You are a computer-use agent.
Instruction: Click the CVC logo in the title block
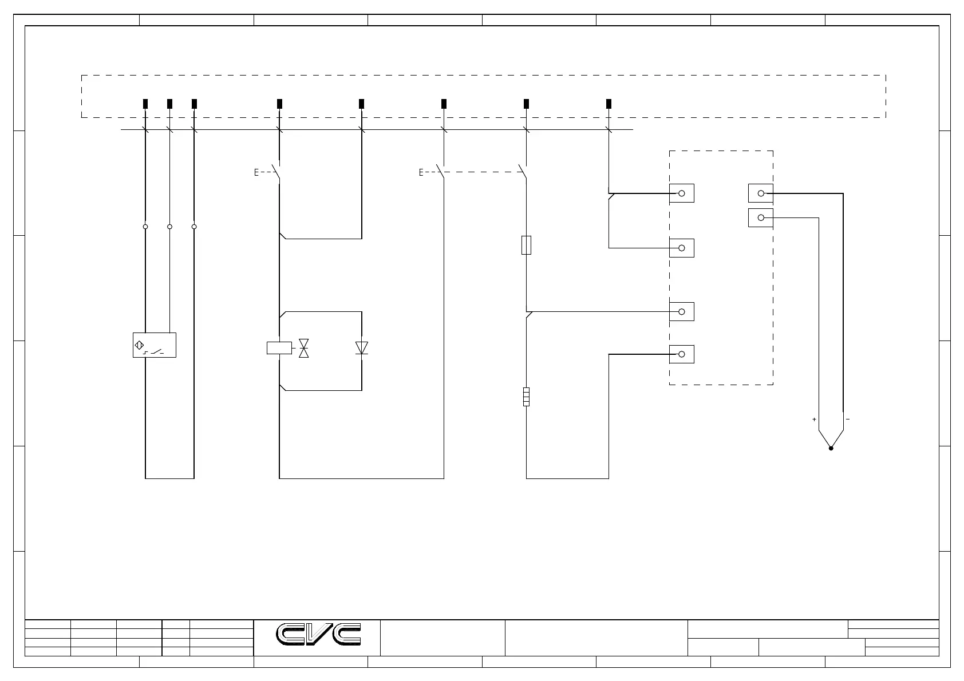pyautogui.click(x=319, y=634)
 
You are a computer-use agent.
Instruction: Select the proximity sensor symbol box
pyautogui.click(x=154, y=345)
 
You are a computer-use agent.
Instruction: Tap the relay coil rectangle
pyautogui.click(x=279, y=347)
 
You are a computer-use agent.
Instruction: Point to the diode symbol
pyautogui.click(x=361, y=347)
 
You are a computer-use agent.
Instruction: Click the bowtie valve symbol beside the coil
pyautogui.click(x=304, y=347)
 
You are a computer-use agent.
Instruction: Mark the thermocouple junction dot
pyautogui.click(x=831, y=448)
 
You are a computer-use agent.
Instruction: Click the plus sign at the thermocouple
pyautogui.click(x=814, y=419)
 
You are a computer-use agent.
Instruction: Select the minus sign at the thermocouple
pyautogui.click(x=848, y=419)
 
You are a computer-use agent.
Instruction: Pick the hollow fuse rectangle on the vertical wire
pyautogui.click(x=527, y=245)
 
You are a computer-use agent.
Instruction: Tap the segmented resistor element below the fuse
pyautogui.click(x=526, y=397)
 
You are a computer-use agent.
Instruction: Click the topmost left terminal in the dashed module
pyautogui.click(x=682, y=193)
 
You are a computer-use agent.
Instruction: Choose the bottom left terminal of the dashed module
pyautogui.click(x=682, y=354)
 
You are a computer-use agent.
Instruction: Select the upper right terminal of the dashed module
pyautogui.click(x=761, y=193)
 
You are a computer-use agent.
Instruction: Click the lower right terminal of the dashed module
pyautogui.click(x=761, y=218)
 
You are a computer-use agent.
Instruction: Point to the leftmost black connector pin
pyautogui.click(x=145, y=104)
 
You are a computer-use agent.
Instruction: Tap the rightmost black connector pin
pyautogui.click(x=609, y=104)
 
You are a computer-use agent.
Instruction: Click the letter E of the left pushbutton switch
pyautogui.click(x=256, y=172)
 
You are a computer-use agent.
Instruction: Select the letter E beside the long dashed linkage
pyautogui.click(x=421, y=172)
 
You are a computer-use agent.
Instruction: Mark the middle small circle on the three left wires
pyautogui.click(x=169, y=227)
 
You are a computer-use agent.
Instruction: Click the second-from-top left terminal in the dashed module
pyautogui.click(x=682, y=248)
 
